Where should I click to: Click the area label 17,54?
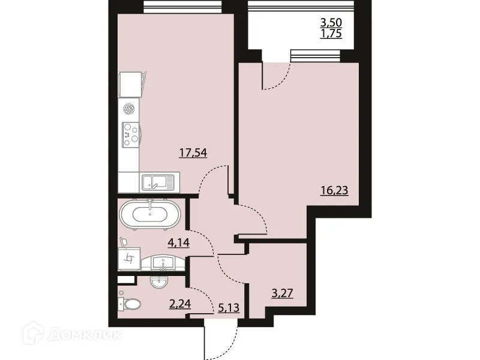[193, 153]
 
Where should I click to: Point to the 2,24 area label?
[180, 304]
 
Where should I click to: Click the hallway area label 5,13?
[226, 309]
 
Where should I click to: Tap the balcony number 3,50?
[333, 23]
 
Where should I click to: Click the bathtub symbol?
[149, 215]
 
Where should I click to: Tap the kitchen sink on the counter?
[158, 181]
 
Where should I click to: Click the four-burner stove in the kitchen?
[130, 134]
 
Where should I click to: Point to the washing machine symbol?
[128, 259]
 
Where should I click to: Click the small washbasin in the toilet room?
[160, 281]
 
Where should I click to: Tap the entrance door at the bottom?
[221, 339]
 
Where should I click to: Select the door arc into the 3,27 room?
[231, 270]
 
